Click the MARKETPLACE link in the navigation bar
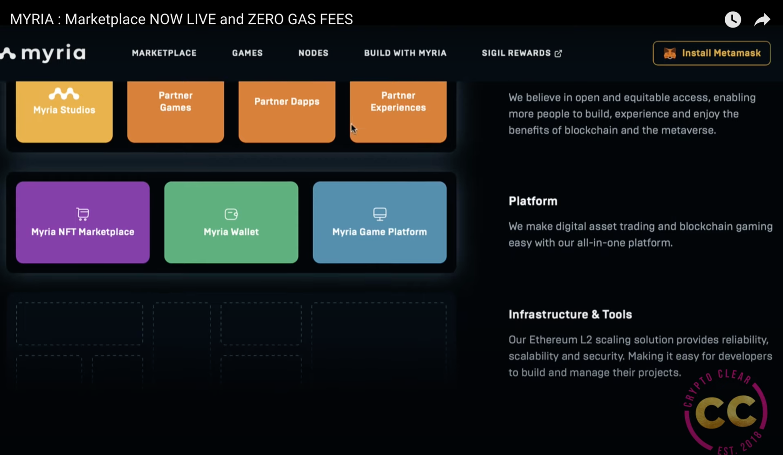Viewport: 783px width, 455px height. [164, 53]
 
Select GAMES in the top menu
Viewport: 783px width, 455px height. [247, 53]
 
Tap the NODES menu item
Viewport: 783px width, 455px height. [313, 53]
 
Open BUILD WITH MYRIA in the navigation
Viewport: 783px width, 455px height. [405, 53]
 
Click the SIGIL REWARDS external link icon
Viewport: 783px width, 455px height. [558, 53]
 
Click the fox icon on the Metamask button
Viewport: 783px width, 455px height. [670, 53]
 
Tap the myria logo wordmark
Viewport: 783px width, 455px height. [53, 53]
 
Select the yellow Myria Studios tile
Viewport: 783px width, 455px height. [64, 112]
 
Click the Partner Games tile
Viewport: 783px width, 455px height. [175, 112]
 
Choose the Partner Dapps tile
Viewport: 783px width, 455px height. [287, 112]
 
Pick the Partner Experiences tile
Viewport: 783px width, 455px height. [398, 112]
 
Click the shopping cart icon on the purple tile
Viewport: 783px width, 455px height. [83, 214]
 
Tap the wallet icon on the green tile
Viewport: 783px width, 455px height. [231, 214]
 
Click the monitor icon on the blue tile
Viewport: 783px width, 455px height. [379, 214]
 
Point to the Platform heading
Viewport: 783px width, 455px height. [533, 201]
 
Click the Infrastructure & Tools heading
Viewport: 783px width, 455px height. [570, 314]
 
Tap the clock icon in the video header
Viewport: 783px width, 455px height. [733, 19]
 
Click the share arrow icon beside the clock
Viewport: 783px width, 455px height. [762, 20]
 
